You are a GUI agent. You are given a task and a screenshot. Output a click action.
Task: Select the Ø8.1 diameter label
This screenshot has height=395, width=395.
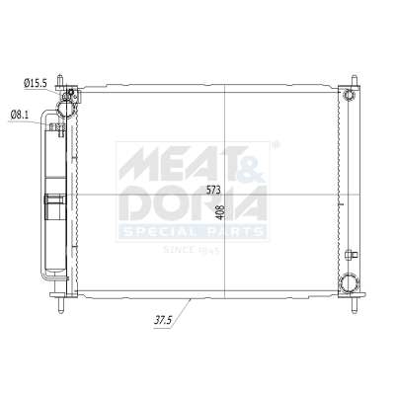pos(19,115)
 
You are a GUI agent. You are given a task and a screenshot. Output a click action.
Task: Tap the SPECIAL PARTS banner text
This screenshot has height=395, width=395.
pos(194,232)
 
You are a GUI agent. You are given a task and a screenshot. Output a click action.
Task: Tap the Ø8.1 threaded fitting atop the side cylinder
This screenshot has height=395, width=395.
pos(57,125)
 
